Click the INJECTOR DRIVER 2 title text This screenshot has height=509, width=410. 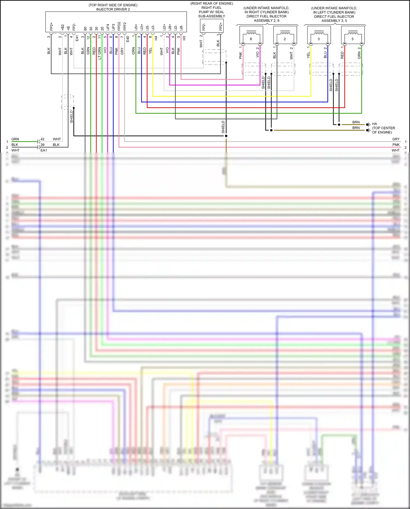[x=113, y=9]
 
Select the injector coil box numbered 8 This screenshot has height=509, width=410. [x=251, y=36]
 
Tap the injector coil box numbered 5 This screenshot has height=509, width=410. [x=353, y=36]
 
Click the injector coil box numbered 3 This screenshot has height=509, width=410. [x=319, y=36]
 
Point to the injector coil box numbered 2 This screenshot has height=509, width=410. [x=285, y=36]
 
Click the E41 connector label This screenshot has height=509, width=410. [x=77, y=38]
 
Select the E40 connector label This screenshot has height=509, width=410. [x=128, y=39]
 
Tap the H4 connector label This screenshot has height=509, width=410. [x=156, y=38]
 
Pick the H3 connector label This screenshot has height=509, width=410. [x=184, y=38]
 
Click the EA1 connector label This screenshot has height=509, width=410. [x=44, y=150]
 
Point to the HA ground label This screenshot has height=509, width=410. [x=374, y=124]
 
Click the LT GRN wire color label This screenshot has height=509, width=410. [x=99, y=53]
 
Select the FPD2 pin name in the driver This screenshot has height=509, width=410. [x=119, y=26]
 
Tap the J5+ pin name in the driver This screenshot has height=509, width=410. [x=136, y=27]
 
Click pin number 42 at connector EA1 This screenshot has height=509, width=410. [x=42, y=139]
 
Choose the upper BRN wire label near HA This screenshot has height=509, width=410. [x=356, y=122]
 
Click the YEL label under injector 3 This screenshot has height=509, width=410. [x=308, y=55]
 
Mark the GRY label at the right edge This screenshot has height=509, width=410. [x=396, y=139]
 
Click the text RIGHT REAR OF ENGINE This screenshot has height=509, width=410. [x=212, y=4]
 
